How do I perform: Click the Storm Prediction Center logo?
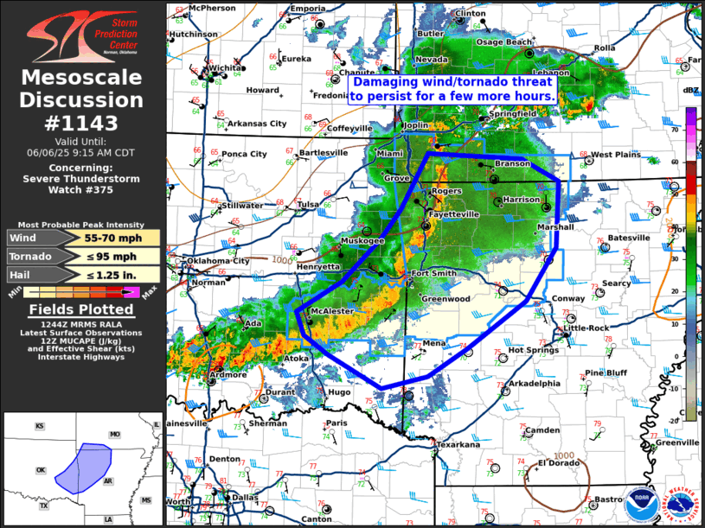(x=81, y=35)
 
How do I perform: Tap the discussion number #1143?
(x=81, y=123)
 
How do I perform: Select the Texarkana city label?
(x=458, y=444)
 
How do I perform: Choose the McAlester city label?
(x=333, y=310)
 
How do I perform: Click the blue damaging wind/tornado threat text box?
(x=452, y=89)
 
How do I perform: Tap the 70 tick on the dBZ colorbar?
(x=676, y=128)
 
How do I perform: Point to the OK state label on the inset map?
(x=40, y=470)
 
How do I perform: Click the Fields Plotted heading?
(x=81, y=309)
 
